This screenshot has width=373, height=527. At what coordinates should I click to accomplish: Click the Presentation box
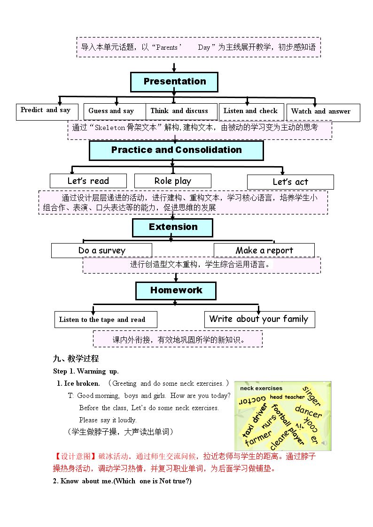tap(174, 82)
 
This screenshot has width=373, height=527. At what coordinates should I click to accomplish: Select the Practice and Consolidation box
tap(176, 150)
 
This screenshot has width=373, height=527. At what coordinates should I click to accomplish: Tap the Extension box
tap(172, 228)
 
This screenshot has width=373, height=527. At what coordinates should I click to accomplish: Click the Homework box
tap(176, 291)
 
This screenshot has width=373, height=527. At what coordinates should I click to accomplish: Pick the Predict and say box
tap(47, 112)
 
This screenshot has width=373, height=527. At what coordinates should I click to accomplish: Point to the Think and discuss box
tap(181, 111)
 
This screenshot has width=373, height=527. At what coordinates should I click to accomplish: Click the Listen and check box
tap(251, 112)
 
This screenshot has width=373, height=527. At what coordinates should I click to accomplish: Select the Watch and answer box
tap(323, 113)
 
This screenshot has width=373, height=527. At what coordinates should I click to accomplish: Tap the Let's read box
tap(88, 181)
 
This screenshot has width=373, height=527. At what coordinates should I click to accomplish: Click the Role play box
tap(173, 181)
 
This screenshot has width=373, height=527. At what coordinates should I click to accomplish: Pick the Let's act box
tap(291, 182)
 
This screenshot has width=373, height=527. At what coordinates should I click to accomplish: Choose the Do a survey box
tap(101, 251)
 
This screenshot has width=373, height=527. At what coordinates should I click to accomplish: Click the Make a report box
tap(264, 251)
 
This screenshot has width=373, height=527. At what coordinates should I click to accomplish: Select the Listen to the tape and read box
tap(106, 319)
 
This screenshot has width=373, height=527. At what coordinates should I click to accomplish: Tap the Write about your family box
tap(260, 319)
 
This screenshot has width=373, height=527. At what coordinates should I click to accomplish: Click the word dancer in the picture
tap(309, 412)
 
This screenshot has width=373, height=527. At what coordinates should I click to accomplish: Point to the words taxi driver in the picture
tap(255, 421)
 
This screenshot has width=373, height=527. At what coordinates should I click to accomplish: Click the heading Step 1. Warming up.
tap(86, 371)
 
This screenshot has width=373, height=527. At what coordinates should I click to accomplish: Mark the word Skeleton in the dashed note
tap(110, 128)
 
